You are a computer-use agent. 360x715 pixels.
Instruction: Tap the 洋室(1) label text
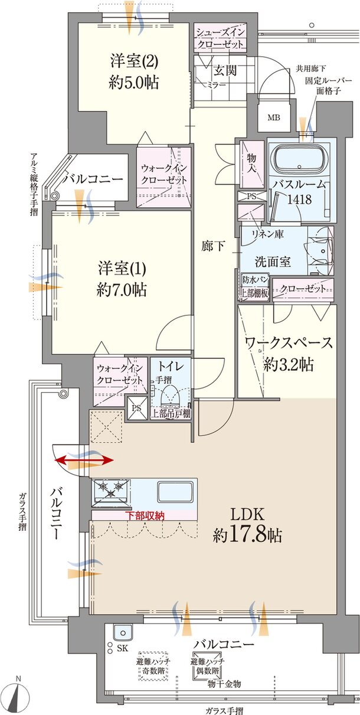pos(123,279)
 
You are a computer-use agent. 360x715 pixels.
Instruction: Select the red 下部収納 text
pos(145,515)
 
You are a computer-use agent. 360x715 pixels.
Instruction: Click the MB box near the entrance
pos(274,117)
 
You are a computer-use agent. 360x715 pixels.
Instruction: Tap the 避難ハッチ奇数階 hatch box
pos(153,667)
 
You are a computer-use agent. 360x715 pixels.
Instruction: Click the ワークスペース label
pos(287,353)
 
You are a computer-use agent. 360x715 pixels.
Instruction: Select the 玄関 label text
pos(225,71)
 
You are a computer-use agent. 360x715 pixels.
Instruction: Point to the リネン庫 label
pos(268,234)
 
